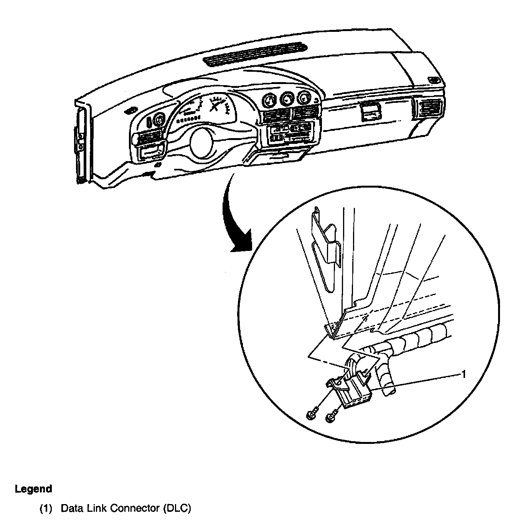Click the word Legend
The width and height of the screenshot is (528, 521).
(33, 489)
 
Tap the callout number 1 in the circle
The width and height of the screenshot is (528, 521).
(463, 374)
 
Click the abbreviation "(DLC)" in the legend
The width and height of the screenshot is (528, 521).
(176, 508)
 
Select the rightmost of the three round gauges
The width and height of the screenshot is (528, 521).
(304, 98)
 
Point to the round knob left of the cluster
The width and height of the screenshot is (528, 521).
(158, 120)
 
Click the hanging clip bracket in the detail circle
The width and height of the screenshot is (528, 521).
(326, 246)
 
